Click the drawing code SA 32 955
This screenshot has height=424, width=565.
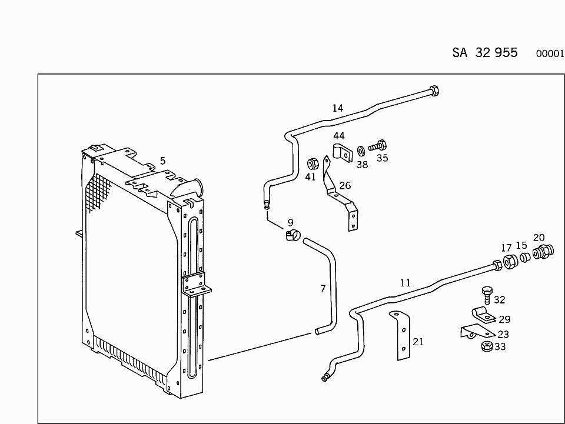484,52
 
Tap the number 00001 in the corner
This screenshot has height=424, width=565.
550,54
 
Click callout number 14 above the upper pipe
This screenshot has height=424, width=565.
337,108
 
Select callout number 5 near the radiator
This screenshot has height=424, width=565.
162,161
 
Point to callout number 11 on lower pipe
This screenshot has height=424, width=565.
405,283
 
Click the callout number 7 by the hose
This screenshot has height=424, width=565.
323,289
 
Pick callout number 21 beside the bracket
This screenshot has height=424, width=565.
418,342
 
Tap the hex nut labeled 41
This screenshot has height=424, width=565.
312,162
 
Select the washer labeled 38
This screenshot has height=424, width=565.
361,151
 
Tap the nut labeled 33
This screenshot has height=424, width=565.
486,346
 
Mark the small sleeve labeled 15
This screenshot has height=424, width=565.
524,259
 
